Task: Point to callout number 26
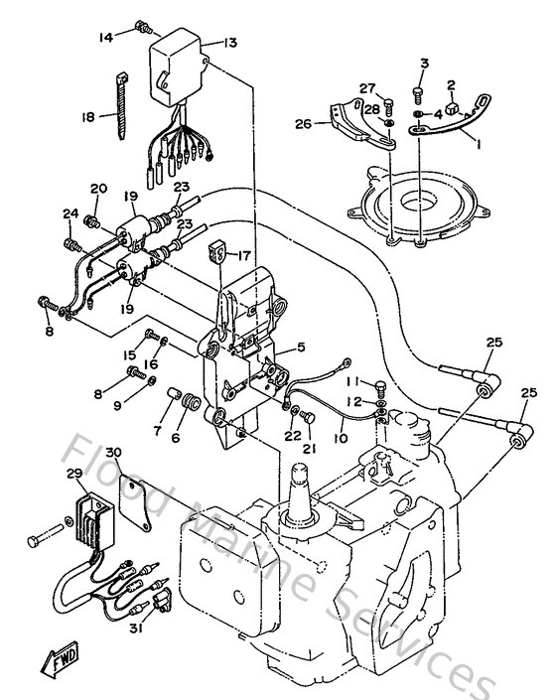304,123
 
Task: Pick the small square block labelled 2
452,109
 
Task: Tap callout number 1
481,144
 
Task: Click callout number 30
115,453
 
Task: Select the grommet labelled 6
186,402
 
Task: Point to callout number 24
69,212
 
